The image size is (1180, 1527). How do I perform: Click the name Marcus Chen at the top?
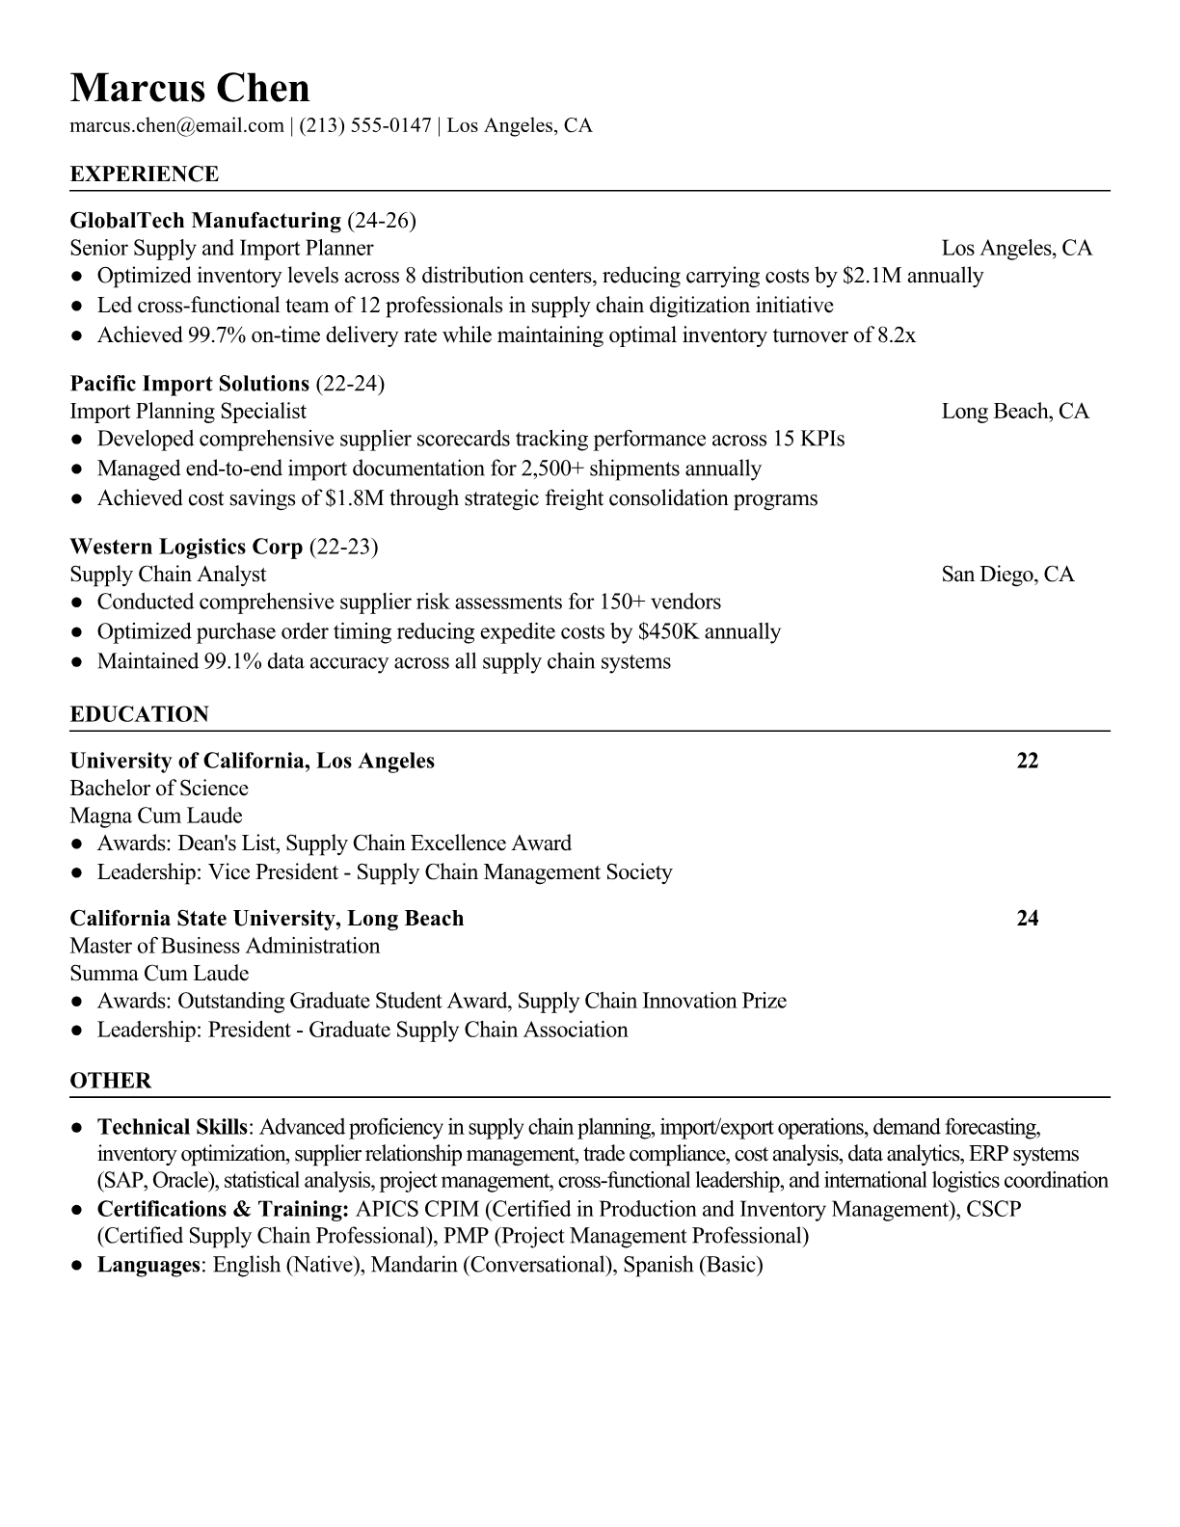click(190, 89)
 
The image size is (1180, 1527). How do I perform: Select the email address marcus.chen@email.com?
click(176, 125)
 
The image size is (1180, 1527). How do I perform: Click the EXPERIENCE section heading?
click(145, 174)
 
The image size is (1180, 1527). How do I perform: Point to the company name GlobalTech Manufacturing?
click(205, 221)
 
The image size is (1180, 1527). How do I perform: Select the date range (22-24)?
click(350, 384)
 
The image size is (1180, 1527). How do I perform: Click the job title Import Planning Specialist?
click(188, 412)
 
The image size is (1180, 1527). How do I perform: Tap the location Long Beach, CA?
click(1014, 412)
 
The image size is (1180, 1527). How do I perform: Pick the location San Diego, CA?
click(1007, 575)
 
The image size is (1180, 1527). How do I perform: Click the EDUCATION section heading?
click(139, 714)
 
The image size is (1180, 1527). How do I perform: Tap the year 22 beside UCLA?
click(1028, 761)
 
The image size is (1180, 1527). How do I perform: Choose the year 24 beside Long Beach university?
click(1028, 918)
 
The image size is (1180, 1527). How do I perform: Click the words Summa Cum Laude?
click(159, 974)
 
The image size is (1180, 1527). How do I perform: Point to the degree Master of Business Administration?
click(225, 946)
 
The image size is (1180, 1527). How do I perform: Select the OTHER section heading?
click(111, 1081)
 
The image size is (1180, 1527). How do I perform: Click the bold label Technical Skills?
click(173, 1127)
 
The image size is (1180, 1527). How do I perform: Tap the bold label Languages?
click(147, 1265)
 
